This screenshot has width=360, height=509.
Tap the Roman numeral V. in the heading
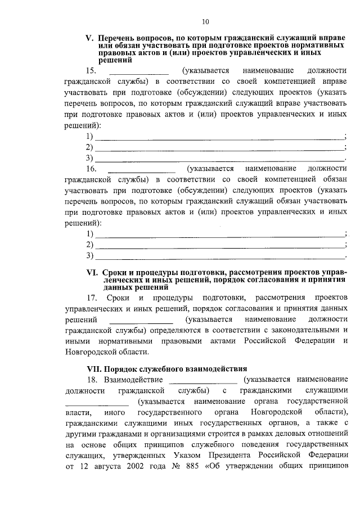click(x=89, y=38)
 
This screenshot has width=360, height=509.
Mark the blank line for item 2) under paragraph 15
click(x=219, y=148)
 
